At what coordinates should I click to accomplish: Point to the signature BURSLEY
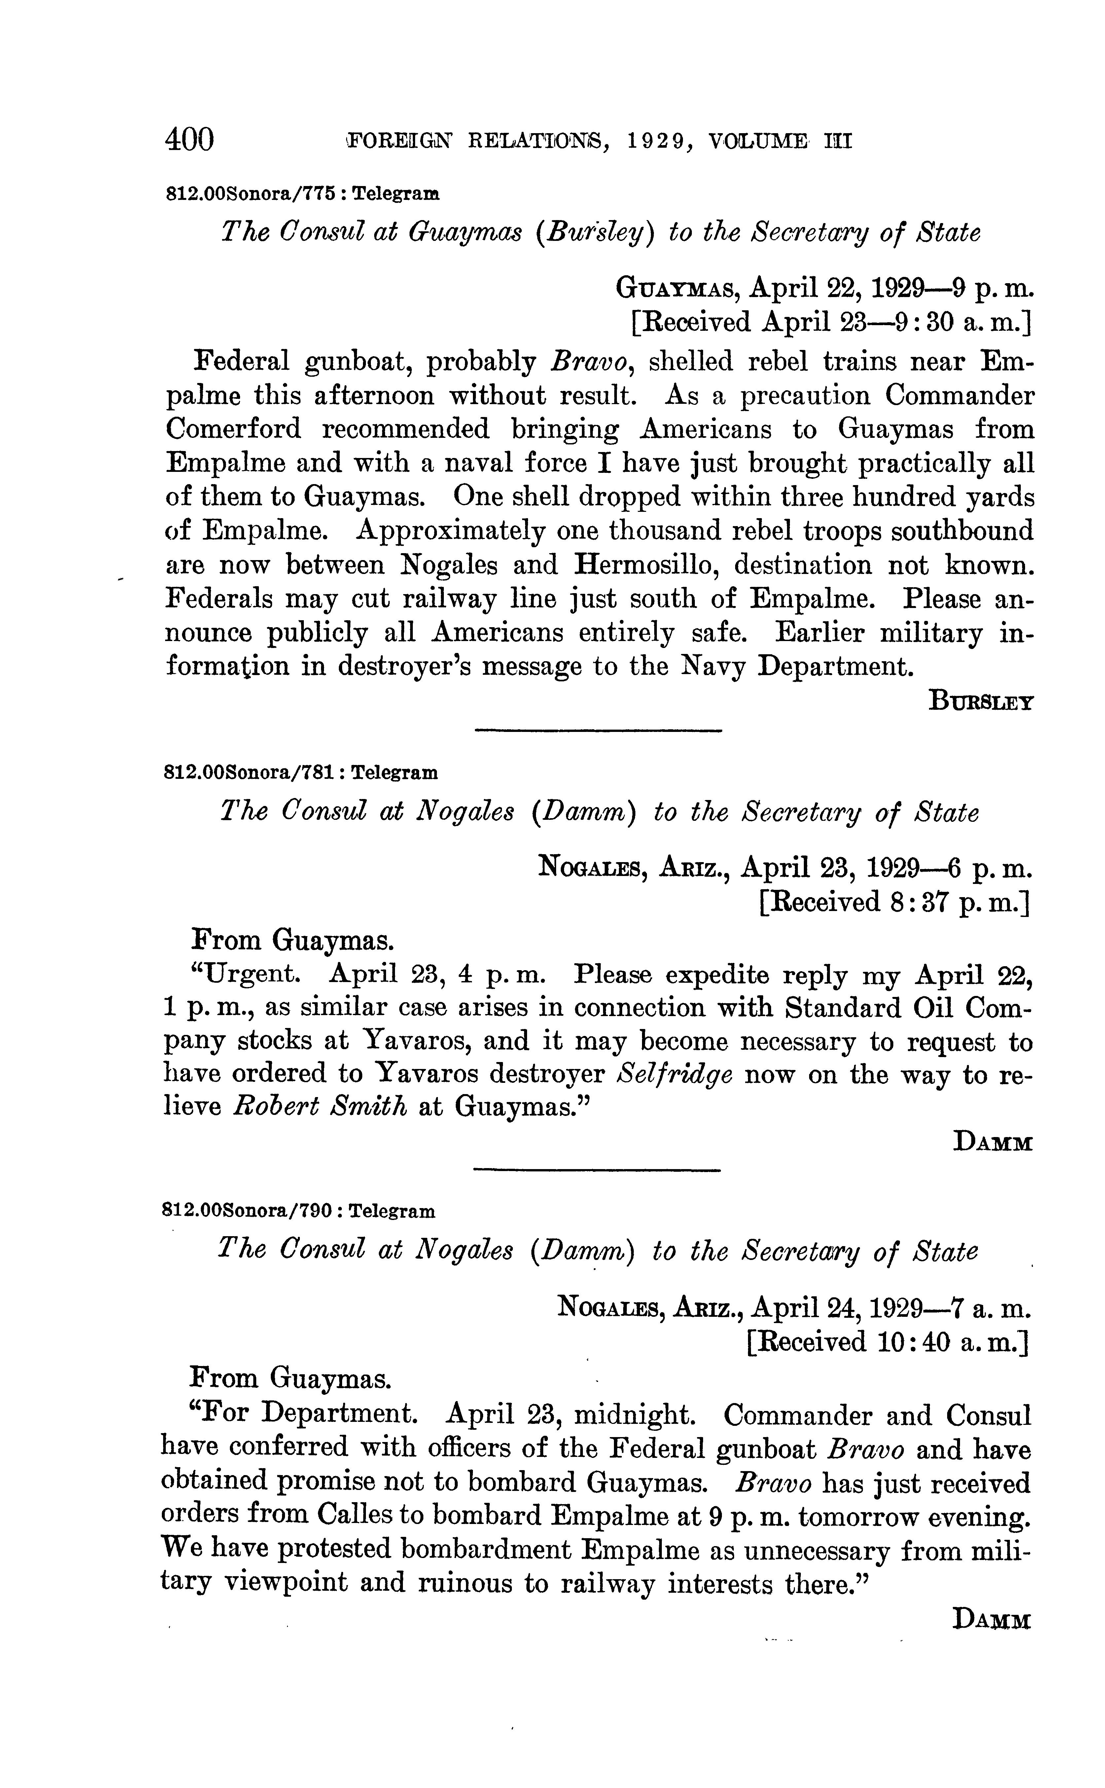click(x=981, y=702)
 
